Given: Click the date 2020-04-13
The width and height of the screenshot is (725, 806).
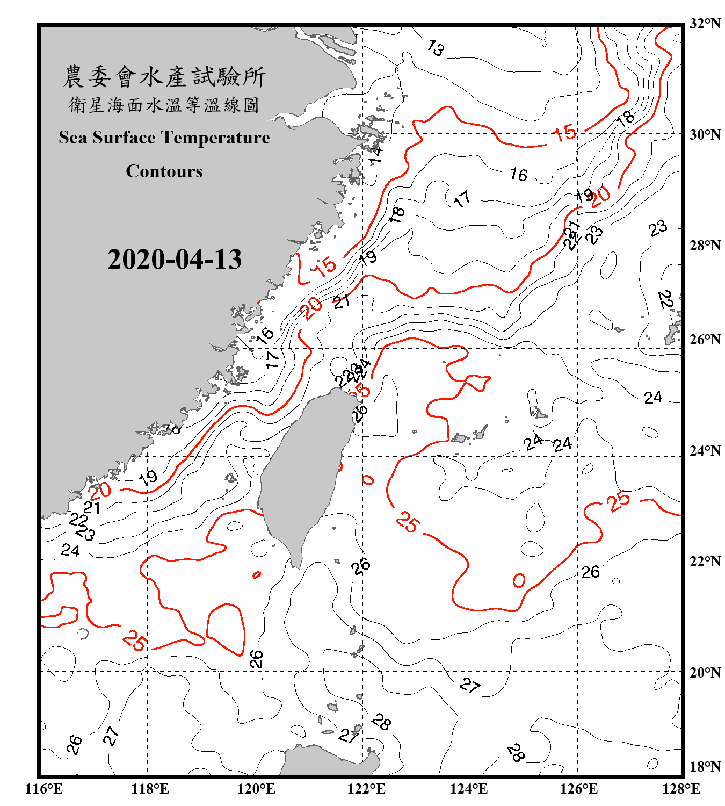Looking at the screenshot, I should pyautogui.click(x=175, y=260).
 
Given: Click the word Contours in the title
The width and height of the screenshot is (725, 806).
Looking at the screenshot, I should pyautogui.click(x=164, y=171).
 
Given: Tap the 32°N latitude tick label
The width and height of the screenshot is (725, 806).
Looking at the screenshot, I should pyautogui.click(x=705, y=24).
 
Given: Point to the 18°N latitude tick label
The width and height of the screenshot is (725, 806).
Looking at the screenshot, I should pyautogui.click(x=705, y=767).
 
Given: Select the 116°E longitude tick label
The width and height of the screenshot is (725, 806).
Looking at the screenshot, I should pyautogui.click(x=44, y=789).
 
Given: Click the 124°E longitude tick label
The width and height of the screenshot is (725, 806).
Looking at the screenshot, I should pyautogui.click(x=469, y=789).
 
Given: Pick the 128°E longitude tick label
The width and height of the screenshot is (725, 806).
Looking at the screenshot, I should pyautogui.click(x=681, y=789).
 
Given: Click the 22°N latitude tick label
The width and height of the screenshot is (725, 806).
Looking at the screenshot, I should pyautogui.click(x=705, y=562).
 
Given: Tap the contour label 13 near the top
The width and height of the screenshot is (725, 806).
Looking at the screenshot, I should pyautogui.click(x=436, y=48).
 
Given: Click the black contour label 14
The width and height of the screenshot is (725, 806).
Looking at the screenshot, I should pyautogui.click(x=376, y=154).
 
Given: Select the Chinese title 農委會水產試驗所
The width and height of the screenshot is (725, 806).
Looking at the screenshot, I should pyautogui.click(x=164, y=76).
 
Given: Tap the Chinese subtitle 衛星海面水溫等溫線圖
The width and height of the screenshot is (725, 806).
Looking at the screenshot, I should pyautogui.click(x=164, y=105).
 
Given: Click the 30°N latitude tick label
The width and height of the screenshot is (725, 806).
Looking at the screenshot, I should pyautogui.click(x=705, y=135).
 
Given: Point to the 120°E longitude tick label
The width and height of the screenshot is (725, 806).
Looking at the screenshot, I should pyautogui.click(x=256, y=789).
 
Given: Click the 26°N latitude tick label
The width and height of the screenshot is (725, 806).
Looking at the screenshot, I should pyautogui.click(x=705, y=340).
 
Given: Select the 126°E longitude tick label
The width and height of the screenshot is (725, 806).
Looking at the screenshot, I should pyautogui.click(x=578, y=789).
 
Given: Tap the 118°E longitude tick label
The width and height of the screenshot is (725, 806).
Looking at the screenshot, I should pyautogui.click(x=150, y=789).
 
